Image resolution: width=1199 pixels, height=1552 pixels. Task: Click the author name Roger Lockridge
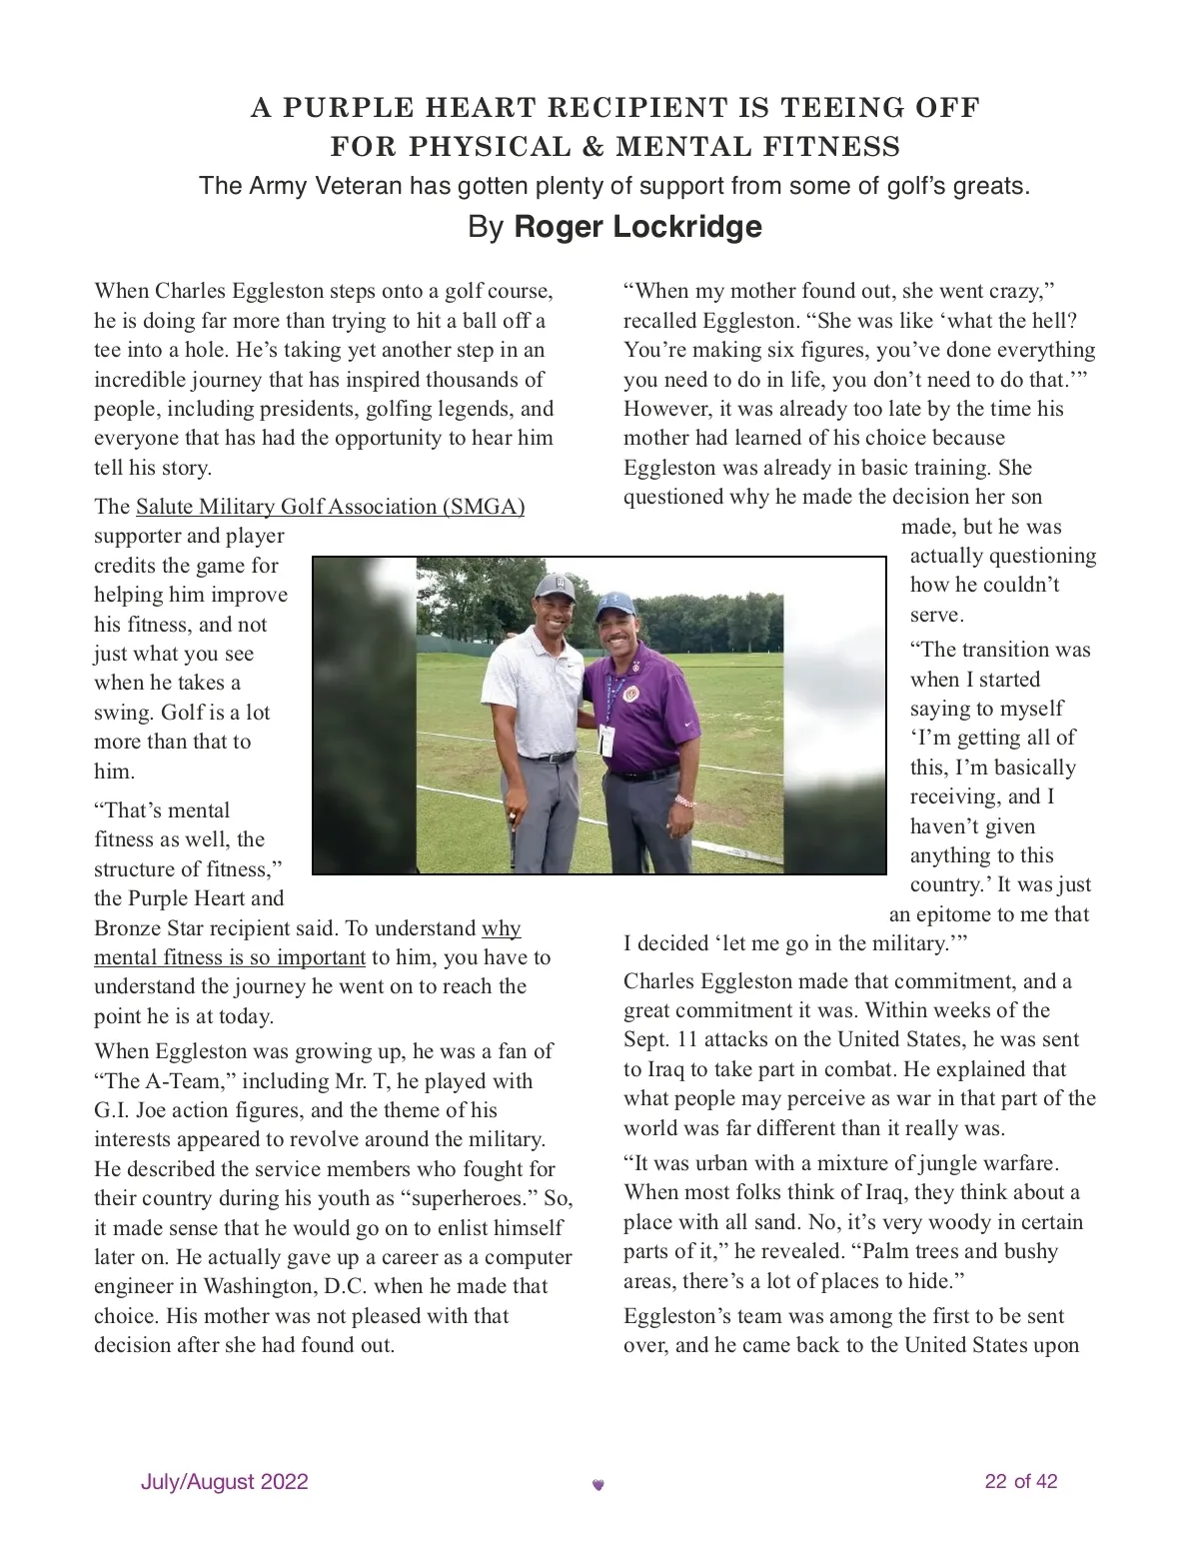point(637,227)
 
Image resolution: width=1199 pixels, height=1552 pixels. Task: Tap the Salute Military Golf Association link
point(330,507)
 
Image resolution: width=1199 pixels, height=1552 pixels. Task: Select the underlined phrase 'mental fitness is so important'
point(230,957)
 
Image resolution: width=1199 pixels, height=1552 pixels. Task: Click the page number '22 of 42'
point(1020,1481)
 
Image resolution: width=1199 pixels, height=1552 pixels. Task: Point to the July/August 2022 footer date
point(224,1481)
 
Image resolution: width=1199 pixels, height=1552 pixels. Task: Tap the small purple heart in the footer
point(599,1485)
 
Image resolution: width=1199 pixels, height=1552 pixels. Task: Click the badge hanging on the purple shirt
point(606,738)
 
